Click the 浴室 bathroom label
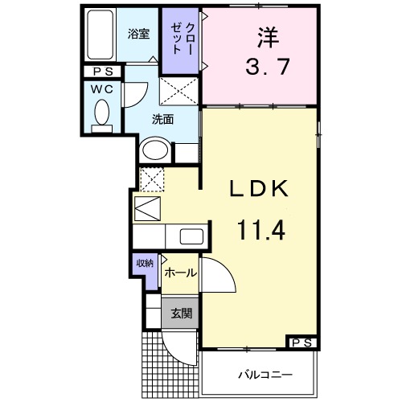coord(138,35)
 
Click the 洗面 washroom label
coord(163,120)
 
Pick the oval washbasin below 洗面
coord(156,150)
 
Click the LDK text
coord(258,191)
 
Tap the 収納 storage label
coord(144,263)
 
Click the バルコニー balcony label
coord(264,375)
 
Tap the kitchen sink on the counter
coord(191,237)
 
